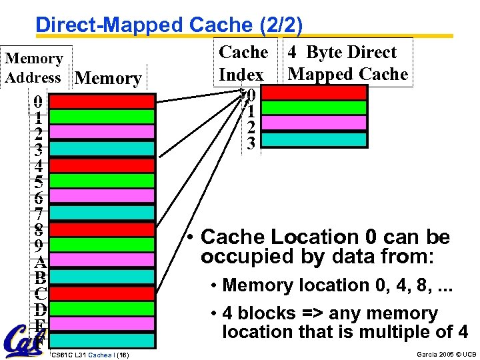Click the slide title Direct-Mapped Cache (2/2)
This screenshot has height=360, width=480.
(x=169, y=25)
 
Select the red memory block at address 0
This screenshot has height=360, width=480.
(x=103, y=101)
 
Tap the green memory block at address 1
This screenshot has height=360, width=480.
(x=103, y=117)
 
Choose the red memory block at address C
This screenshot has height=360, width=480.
(x=103, y=293)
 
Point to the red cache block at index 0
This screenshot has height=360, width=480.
(x=325, y=92)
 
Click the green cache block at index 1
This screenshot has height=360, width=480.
(x=325, y=108)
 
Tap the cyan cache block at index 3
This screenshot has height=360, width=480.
(x=325, y=139)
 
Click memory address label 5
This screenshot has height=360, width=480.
(x=39, y=181)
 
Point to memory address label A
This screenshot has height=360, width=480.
(x=39, y=261)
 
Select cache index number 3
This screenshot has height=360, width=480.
(x=250, y=143)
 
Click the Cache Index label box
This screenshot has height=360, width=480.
(x=243, y=63)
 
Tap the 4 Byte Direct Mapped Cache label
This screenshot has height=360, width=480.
(x=347, y=63)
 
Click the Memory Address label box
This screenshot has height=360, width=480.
(x=34, y=68)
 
